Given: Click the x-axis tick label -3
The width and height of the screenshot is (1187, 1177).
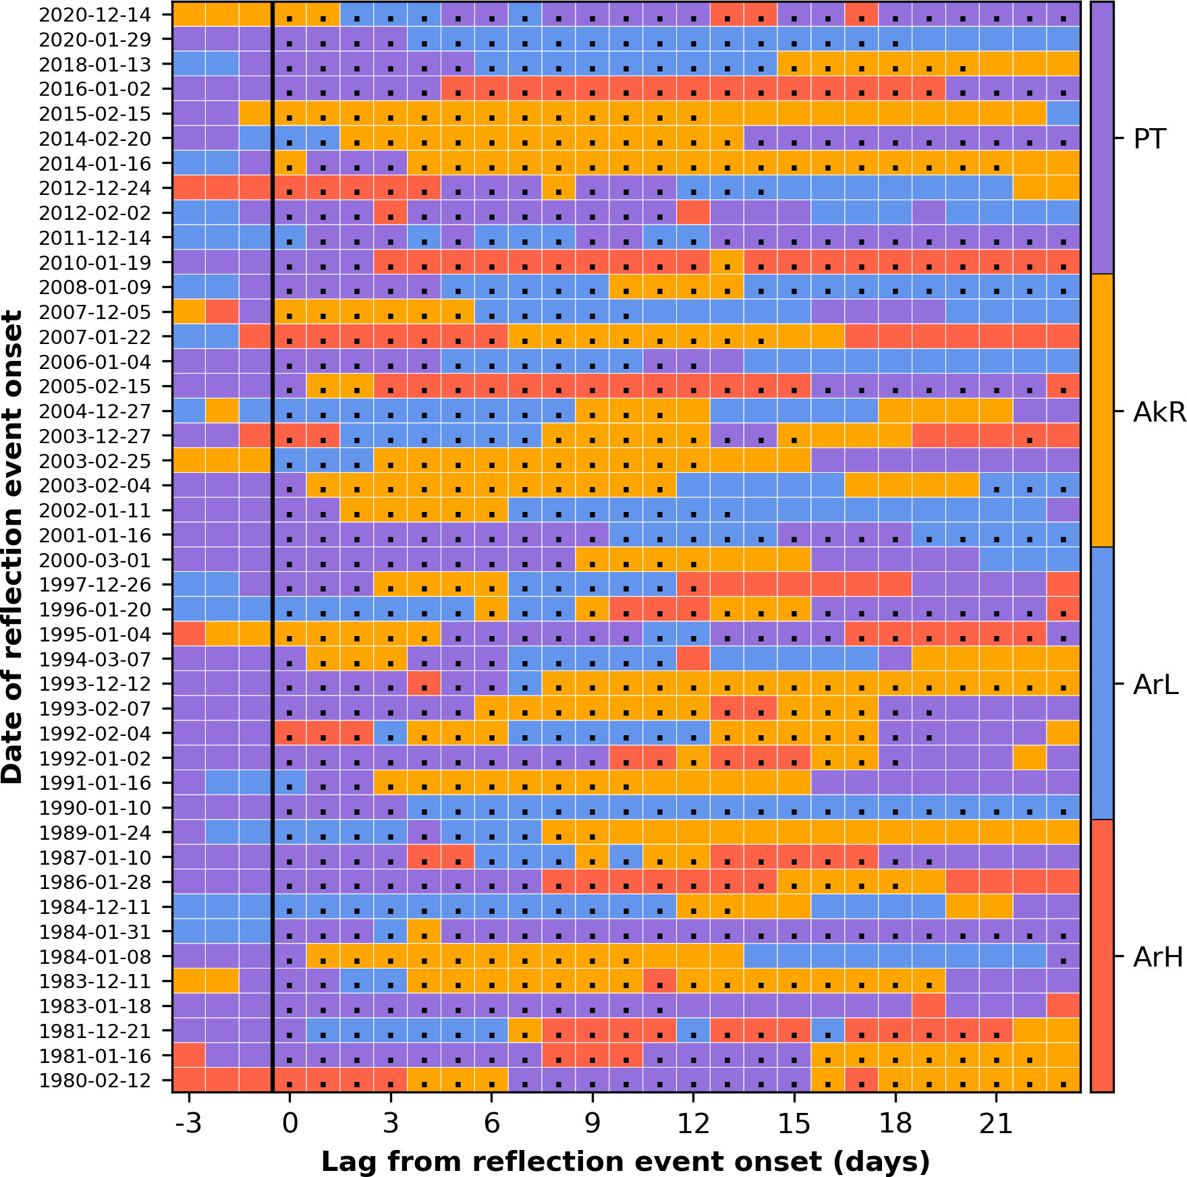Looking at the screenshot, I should pyautogui.click(x=188, y=1124).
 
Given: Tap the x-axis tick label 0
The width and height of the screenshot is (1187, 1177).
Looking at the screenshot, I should pyautogui.click(x=289, y=1124).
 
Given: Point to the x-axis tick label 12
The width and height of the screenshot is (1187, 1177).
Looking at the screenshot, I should pyautogui.click(x=693, y=1124).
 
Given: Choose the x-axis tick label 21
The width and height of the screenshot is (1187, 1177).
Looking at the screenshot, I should pyautogui.click(x=996, y=1124).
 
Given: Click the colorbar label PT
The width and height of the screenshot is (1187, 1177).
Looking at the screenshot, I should pyautogui.click(x=1150, y=140).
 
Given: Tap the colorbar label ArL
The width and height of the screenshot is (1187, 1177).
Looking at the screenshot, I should pyautogui.click(x=1156, y=685).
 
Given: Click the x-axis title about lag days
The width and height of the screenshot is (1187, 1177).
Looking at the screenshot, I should pyautogui.click(x=626, y=1161).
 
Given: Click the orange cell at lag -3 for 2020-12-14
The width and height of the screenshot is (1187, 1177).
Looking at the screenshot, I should pyautogui.click(x=189, y=15).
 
